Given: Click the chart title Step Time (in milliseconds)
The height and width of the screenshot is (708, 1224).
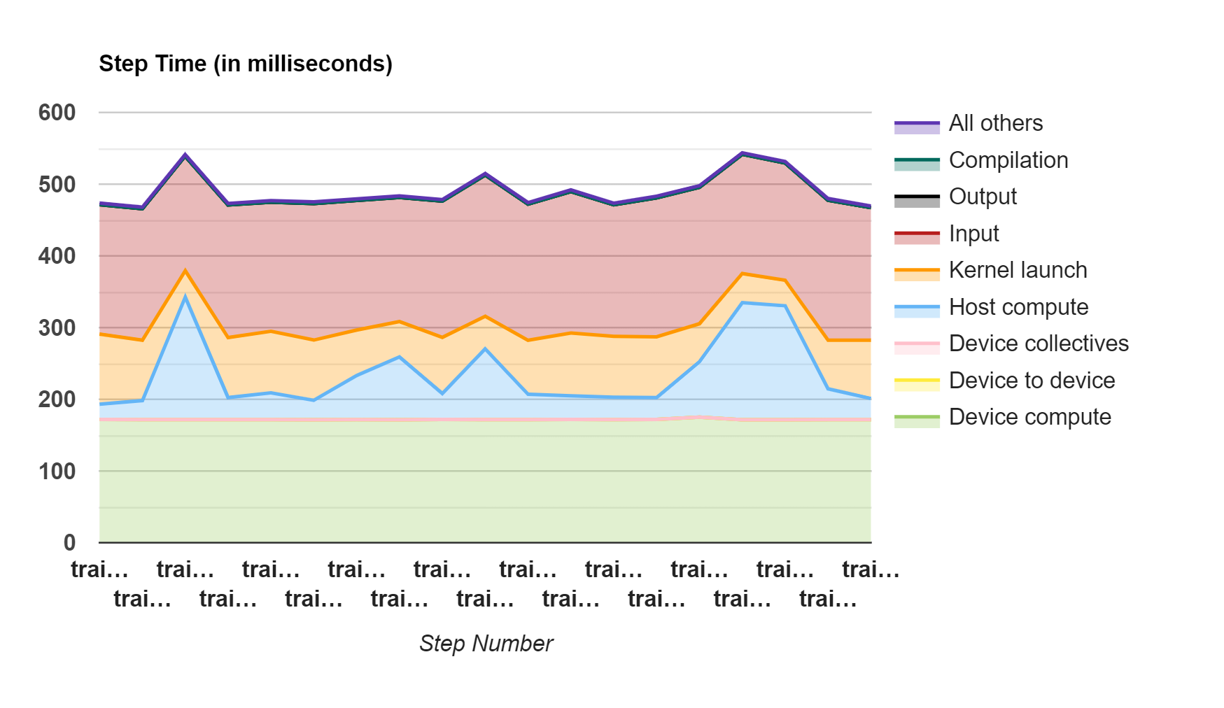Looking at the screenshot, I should point(246,64).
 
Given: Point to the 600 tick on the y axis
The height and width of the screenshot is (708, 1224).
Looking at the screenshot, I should point(57,113).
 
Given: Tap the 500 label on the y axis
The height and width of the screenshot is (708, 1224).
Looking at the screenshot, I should point(57,185).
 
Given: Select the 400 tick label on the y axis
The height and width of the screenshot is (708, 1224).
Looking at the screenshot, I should point(57,256).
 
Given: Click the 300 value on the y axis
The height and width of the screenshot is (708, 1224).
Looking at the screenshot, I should point(57,327).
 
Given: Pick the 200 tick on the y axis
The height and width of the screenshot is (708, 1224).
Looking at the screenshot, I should point(57,399).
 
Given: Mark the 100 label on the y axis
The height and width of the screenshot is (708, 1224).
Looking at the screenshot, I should point(57,472).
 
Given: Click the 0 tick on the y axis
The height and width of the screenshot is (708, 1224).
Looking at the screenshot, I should point(69,543).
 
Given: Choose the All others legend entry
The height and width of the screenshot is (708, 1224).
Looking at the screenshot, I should point(995,124).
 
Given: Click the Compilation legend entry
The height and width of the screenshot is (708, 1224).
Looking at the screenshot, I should point(1008,160).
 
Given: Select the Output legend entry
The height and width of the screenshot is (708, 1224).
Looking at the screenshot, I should point(982,197).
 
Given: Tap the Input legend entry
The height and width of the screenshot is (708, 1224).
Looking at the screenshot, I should point(973,234).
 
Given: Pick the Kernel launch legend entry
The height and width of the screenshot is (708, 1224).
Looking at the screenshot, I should point(1018,270).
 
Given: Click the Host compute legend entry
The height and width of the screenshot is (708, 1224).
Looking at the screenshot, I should point(1018,307).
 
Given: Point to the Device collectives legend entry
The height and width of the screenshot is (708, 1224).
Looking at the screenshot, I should point(1038,344).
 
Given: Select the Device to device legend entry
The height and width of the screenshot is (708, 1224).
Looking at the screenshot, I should point(1032,381).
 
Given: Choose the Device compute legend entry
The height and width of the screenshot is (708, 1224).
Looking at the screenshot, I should point(1029,417).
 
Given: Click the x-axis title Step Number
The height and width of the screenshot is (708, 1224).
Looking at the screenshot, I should point(486,644).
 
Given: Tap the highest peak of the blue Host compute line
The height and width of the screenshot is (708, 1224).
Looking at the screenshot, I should point(185,296).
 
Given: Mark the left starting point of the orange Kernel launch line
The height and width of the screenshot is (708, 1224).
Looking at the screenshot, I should point(100,334).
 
